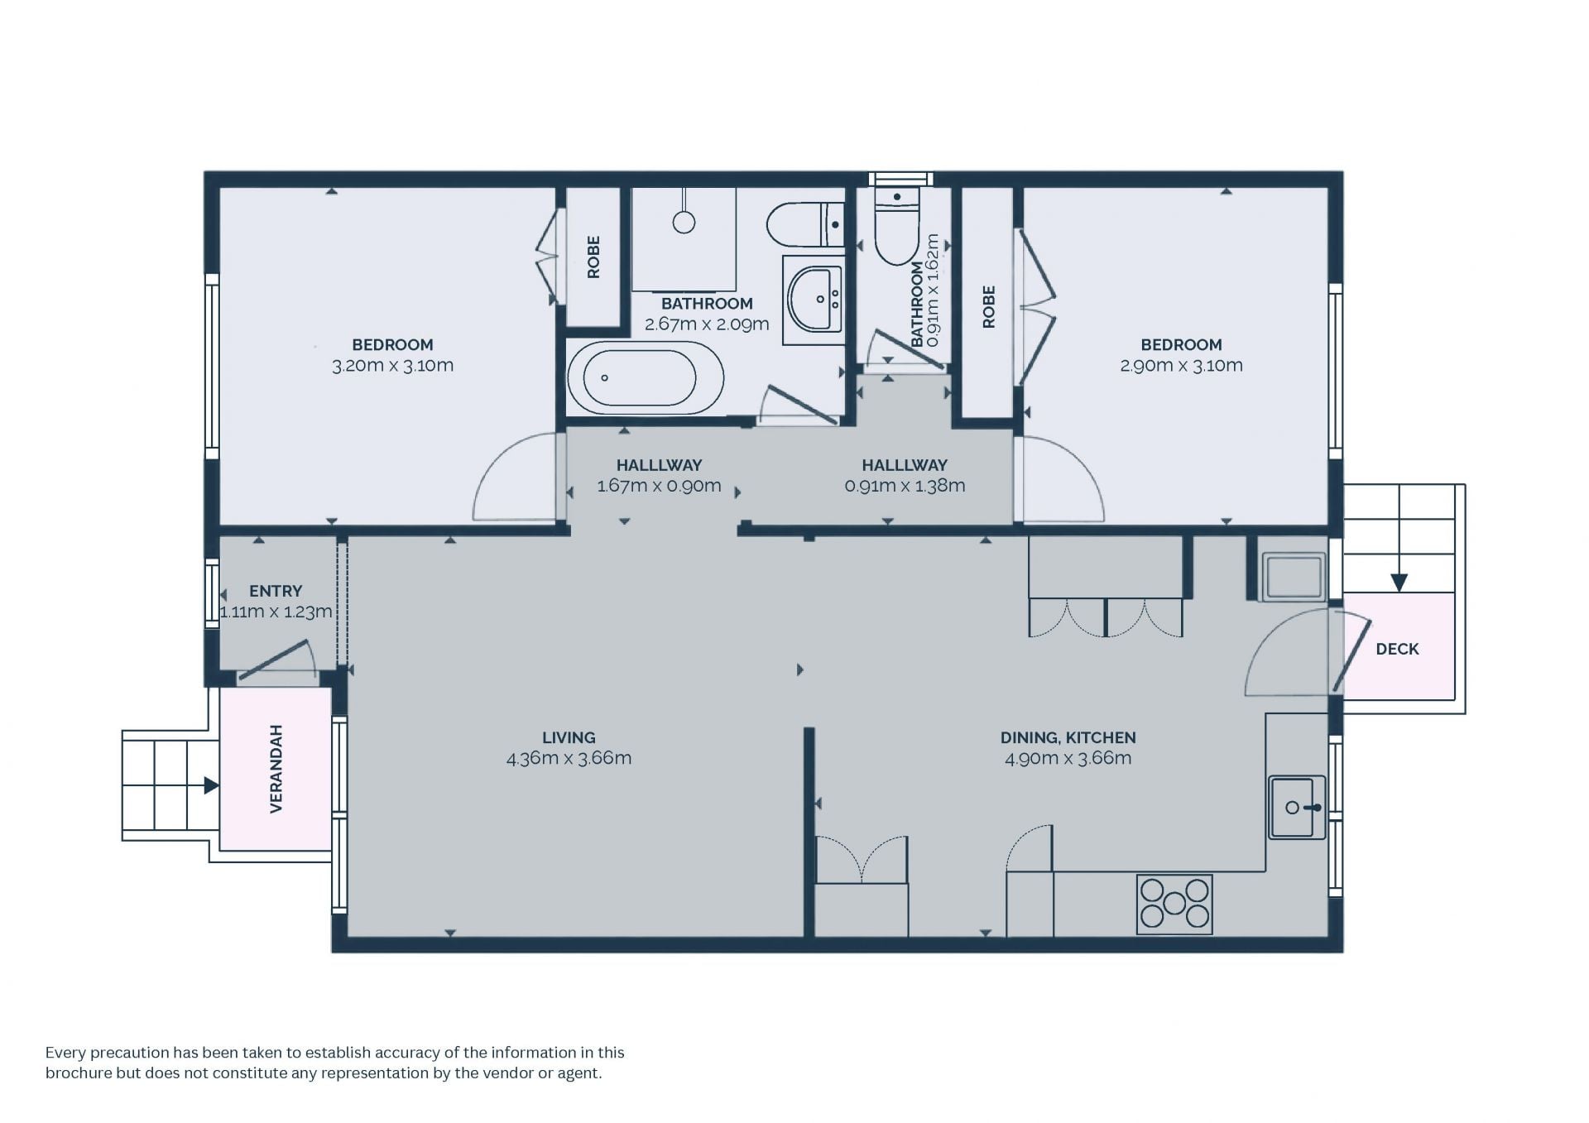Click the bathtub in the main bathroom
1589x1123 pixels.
(645, 378)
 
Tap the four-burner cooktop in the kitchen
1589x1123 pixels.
(1174, 905)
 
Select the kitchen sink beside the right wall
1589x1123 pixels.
(1298, 807)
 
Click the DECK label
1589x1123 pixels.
(1397, 649)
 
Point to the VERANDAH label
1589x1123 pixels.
(276, 769)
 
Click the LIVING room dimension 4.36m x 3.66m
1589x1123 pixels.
(569, 758)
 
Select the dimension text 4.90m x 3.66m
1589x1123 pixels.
(1068, 758)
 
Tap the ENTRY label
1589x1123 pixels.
(276, 591)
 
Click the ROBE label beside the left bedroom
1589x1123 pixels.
(593, 257)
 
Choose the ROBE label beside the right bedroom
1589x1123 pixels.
(988, 307)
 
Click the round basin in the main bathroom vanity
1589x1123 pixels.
(814, 299)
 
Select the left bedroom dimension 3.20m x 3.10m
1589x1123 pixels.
(392, 366)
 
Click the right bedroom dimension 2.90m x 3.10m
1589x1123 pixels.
(1181, 366)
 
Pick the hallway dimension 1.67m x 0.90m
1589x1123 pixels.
(659, 486)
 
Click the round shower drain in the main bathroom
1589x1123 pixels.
(684, 222)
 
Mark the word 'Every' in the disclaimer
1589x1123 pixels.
(65, 1053)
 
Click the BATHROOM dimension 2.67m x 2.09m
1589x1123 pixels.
(707, 324)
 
